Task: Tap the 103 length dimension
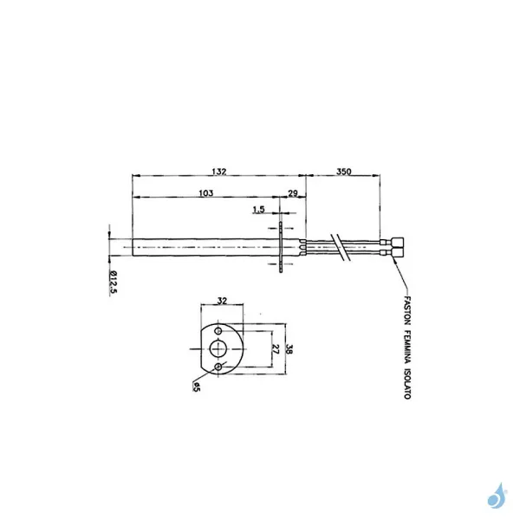pyautogui.click(x=205, y=193)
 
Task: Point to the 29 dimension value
pyautogui.click(x=292, y=193)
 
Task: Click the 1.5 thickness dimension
pyautogui.click(x=258, y=210)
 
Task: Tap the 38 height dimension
pyautogui.click(x=292, y=349)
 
